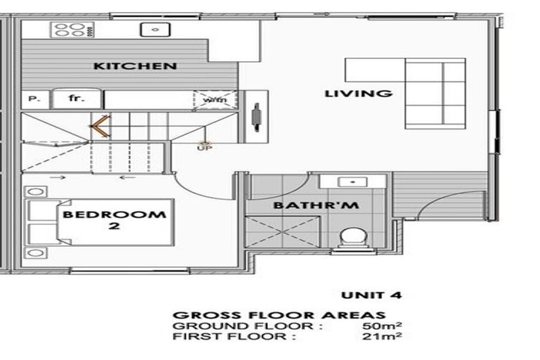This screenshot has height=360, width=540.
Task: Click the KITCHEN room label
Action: (135, 66)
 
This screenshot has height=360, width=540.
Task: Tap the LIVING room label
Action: (357, 93)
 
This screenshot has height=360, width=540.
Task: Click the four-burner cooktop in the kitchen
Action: (70, 30)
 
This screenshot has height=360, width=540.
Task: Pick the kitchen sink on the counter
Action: (153, 30)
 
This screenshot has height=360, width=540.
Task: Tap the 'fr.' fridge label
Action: (77, 99)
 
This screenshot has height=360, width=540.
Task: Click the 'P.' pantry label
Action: (33, 100)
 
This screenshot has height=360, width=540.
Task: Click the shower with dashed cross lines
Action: (281, 231)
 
